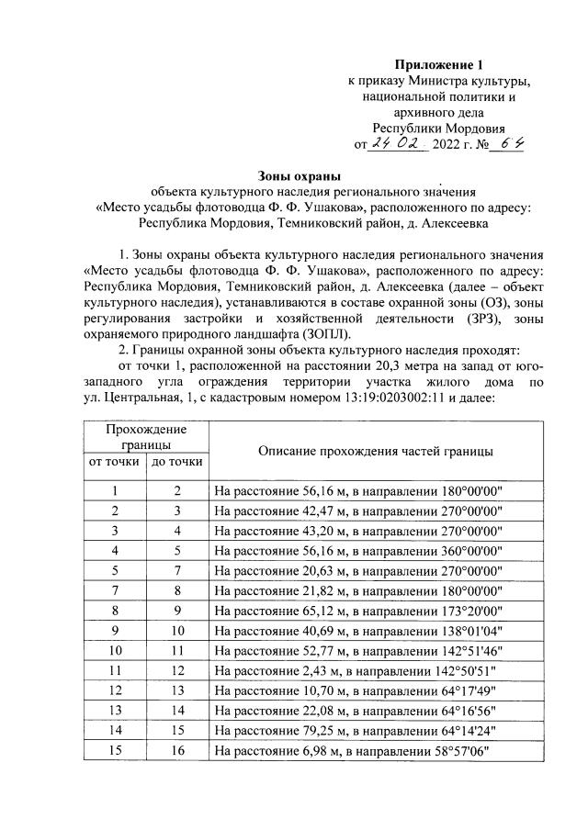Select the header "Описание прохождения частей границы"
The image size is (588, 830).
(377, 452)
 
